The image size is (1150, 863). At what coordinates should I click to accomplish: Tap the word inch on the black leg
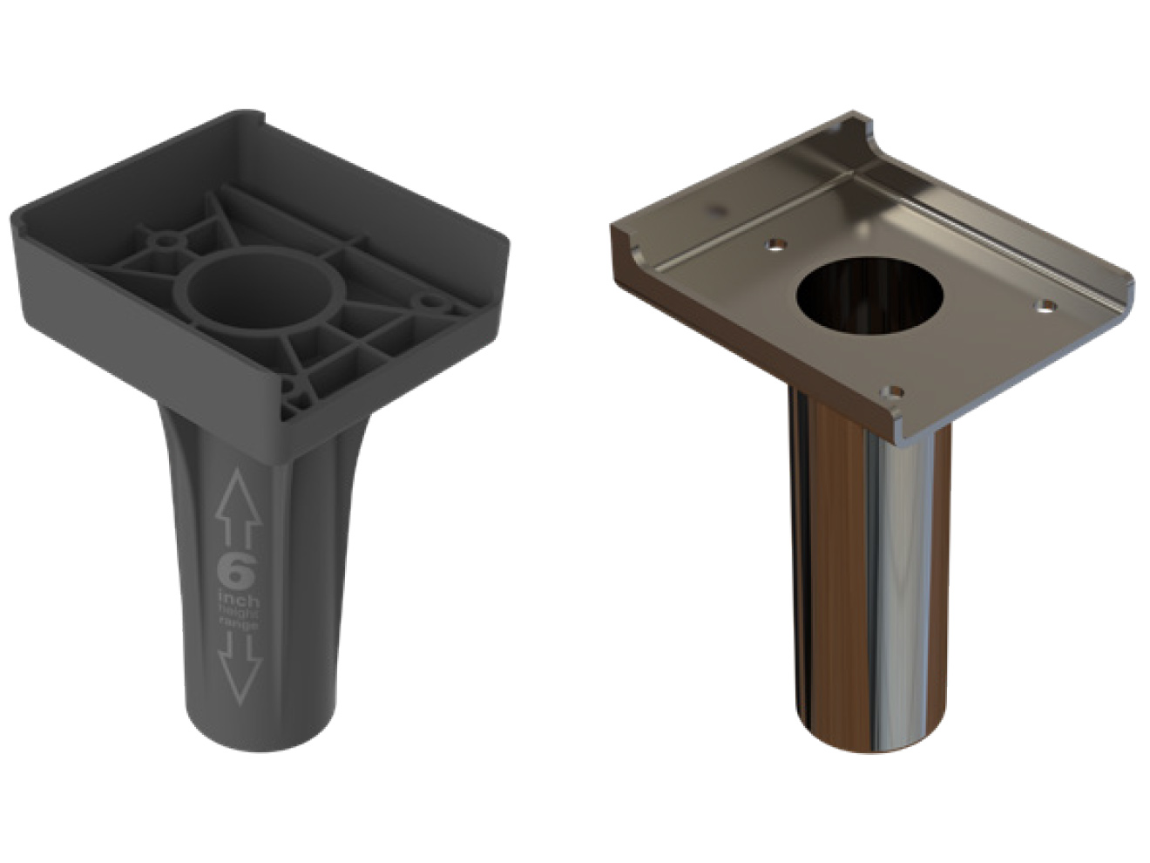(x=238, y=600)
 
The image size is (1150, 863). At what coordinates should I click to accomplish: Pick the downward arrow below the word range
(x=240, y=669)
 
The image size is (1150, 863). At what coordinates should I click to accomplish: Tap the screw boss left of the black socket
(x=165, y=237)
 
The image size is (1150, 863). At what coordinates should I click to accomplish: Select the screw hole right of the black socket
(x=429, y=302)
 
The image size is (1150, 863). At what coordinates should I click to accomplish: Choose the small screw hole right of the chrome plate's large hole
(x=1046, y=306)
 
